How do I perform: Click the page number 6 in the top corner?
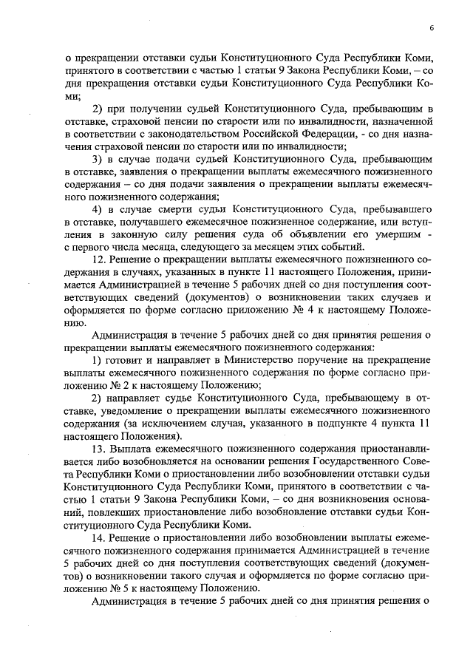[x=431, y=28]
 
